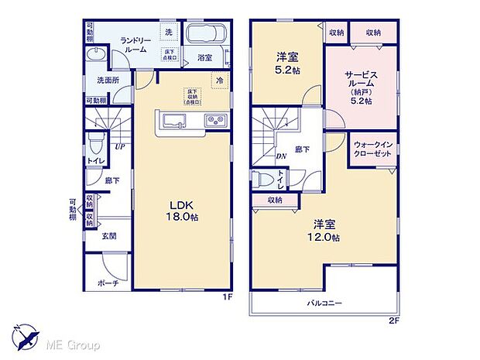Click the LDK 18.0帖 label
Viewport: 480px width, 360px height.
[x=183, y=211]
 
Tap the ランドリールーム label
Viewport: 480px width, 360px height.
[x=129, y=45]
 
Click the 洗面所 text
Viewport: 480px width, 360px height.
[x=108, y=79]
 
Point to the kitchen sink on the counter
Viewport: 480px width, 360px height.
[x=173, y=120]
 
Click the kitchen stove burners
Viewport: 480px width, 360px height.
[x=214, y=120]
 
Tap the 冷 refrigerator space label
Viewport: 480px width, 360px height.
[x=219, y=79]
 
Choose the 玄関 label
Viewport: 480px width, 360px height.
[x=108, y=236]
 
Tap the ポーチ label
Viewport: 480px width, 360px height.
[x=109, y=283]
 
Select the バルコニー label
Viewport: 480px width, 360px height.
[x=324, y=302]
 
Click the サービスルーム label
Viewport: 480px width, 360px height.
[x=359, y=82]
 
